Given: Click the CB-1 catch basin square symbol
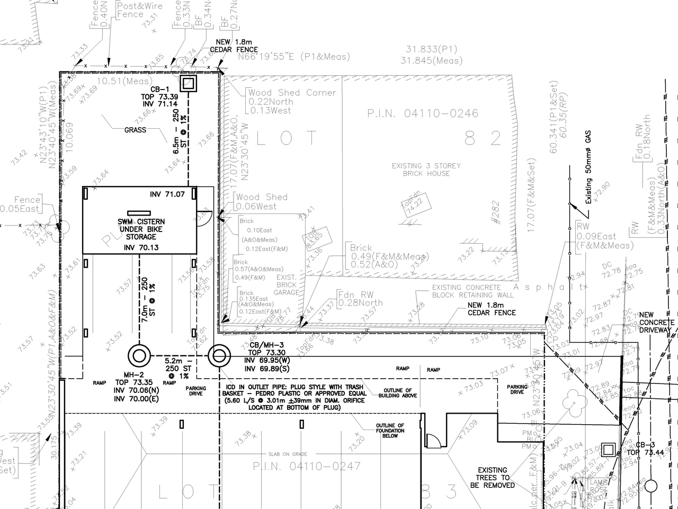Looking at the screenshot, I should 188,83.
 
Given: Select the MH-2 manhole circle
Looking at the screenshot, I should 139,355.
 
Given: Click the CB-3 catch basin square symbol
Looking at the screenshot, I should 609,450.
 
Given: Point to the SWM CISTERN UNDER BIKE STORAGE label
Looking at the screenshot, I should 141,229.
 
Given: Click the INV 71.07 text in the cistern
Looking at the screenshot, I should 167,194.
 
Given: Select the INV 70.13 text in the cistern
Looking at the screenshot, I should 141,247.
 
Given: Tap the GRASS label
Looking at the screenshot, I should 135,130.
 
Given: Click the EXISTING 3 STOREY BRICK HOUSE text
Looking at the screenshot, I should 426,169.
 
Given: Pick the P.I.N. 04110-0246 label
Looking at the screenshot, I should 423,113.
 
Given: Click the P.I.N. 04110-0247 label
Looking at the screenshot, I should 307,466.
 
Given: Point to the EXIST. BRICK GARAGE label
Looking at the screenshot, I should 287,285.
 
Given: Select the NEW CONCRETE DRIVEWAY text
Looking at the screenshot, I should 656,322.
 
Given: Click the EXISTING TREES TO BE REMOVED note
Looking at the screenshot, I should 493,477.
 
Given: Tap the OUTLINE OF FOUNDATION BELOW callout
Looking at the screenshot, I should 390,431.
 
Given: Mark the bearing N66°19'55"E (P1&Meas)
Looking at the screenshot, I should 293,57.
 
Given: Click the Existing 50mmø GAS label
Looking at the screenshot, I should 588,167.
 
